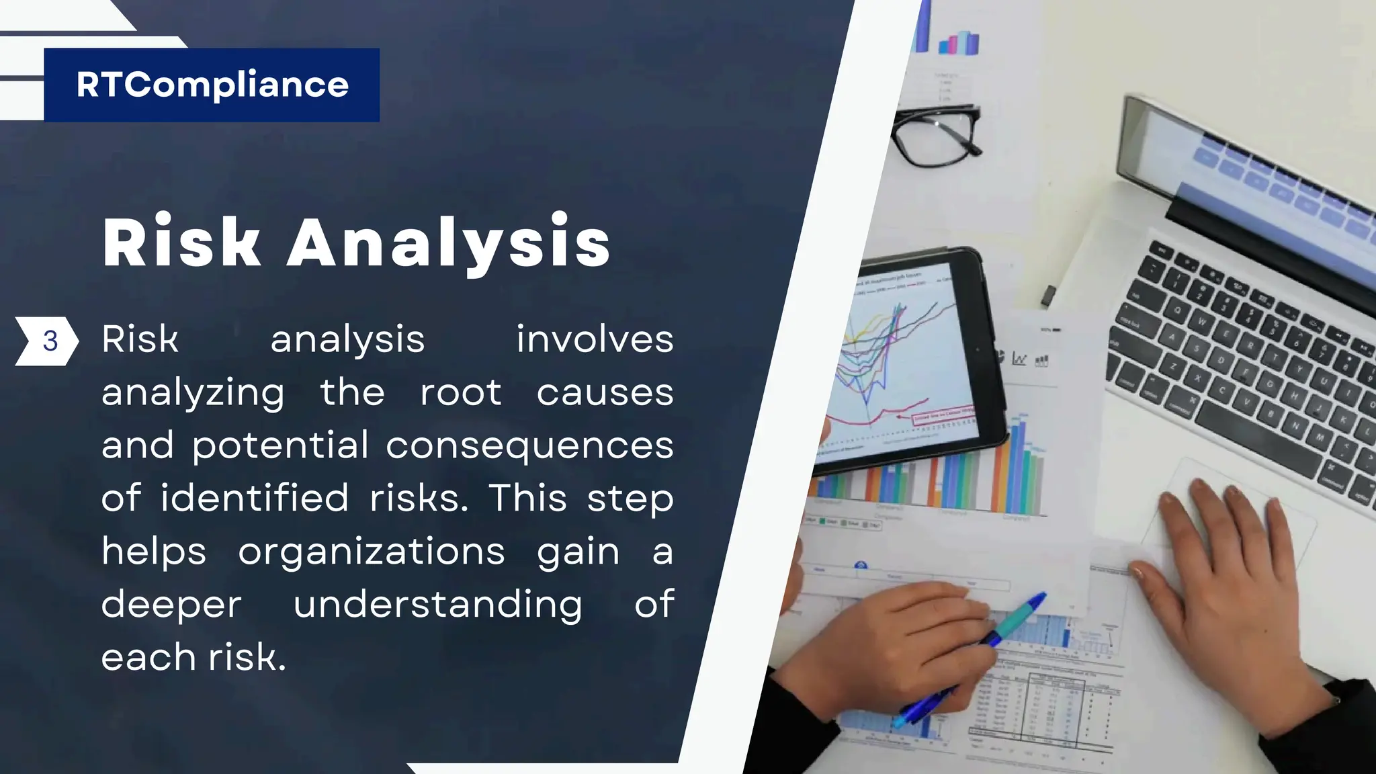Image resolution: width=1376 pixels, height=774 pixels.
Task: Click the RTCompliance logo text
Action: click(212, 85)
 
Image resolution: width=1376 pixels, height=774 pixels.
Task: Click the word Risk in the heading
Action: click(181, 242)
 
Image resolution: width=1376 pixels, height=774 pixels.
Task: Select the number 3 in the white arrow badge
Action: click(50, 341)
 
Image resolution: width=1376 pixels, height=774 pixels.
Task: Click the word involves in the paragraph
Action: click(595, 339)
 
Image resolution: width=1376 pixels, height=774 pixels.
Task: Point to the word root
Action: click(461, 392)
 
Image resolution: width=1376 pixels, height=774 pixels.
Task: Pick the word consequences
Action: click(529, 445)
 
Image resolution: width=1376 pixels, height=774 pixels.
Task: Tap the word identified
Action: click(255, 498)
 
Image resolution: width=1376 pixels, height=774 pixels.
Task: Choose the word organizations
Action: click(371, 552)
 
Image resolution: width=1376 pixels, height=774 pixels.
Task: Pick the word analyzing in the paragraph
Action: click(193, 392)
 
